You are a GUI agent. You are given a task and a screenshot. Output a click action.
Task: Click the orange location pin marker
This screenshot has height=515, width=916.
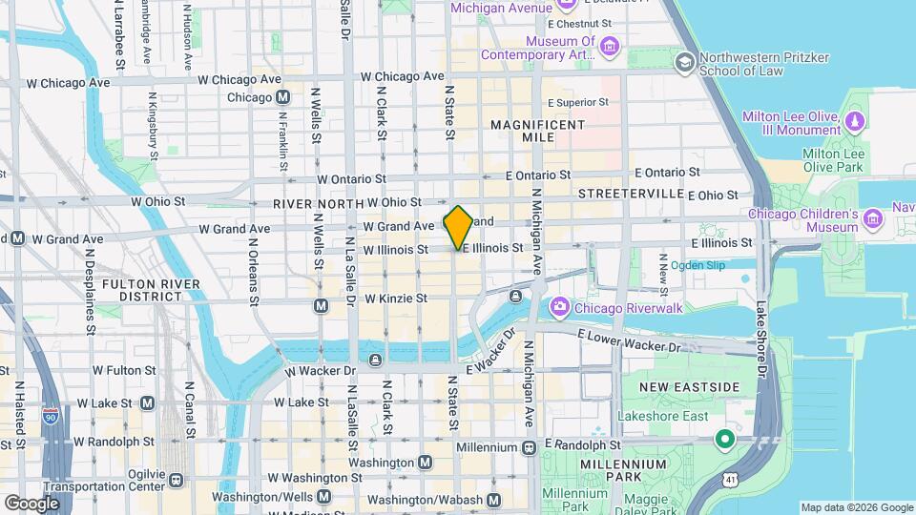tap(458, 227)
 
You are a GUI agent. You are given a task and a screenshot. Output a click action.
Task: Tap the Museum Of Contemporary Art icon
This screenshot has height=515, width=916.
tap(611, 45)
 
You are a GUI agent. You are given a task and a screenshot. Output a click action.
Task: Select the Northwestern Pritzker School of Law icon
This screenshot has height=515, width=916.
tap(684, 63)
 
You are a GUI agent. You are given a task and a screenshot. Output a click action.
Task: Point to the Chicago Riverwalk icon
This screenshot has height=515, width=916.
tap(559, 309)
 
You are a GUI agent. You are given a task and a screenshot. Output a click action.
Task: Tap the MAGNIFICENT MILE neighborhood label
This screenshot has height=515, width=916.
tap(536, 131)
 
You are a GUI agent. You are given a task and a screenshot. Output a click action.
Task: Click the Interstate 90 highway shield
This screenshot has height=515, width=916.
tap(51, 416)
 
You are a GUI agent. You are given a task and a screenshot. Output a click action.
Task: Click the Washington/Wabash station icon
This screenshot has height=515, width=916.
tap(493, 500)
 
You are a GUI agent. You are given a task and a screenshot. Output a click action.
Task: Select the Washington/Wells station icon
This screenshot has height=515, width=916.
tap(324, 497)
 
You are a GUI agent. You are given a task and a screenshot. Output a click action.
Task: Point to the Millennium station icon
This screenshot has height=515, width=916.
tap(529, 446)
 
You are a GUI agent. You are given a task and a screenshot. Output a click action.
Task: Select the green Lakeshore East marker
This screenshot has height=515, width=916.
tap(724, 440)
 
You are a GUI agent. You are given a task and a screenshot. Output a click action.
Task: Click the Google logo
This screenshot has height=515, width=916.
tap(31, 503)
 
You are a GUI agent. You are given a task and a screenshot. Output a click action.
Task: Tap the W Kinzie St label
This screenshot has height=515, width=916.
tap(395, 299)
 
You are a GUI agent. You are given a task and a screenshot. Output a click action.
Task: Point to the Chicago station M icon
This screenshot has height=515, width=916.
tap(283, 97)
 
